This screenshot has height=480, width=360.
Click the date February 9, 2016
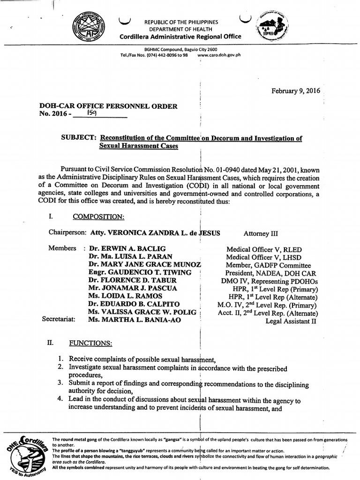tap(296, 91)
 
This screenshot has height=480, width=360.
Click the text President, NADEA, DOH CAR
tap(270, 273)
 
